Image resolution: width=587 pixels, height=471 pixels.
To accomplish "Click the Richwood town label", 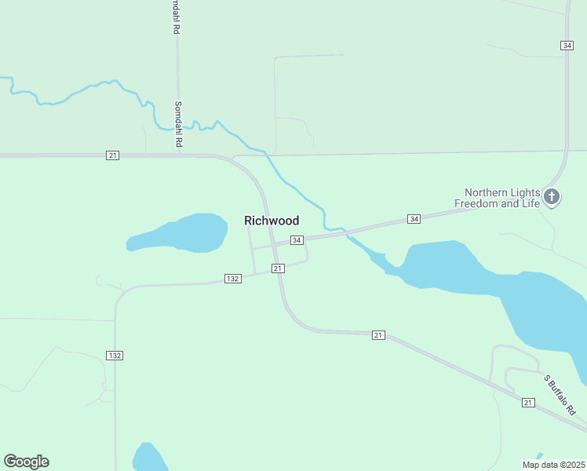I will pyautogui.click(x=272, y=221).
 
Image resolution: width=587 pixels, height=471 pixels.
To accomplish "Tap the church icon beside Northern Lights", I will pyautogui.click(x=552, y=196).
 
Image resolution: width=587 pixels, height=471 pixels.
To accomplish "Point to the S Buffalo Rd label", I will pyautogui.click(x=560, y=395).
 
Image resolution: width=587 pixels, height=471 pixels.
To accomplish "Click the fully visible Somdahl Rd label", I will pyautogui.click(x=178, y=124).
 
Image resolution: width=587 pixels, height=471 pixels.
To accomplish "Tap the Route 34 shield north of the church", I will pyautogui.click(x=567, y=46).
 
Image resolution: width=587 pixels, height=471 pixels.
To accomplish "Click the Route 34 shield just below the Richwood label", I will pyautogui.click(x=296, y=239).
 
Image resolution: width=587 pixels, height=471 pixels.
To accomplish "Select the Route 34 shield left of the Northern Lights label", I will pyautogui.click(x=414, y=218).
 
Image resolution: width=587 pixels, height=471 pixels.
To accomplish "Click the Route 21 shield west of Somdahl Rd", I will pyautogui.click(x=113, y=155).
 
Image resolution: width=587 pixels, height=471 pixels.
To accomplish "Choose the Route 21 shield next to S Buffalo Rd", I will pyautogui.click(x=528, y=403).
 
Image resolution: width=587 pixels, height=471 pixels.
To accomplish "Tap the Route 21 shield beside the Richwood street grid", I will pyautogui.click(x=278, y=268).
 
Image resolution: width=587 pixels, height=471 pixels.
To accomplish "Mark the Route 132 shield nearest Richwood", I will pyautogui.click(x=232, y=279).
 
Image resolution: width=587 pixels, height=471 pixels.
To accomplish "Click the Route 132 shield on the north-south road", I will pyautogui.click(x=115, y=356).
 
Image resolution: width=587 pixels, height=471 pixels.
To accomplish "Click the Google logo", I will pyautogui.click(x=26, y=462).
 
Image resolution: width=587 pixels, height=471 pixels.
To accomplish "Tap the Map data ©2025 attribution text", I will pyautogui.click(x=553, y=465).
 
